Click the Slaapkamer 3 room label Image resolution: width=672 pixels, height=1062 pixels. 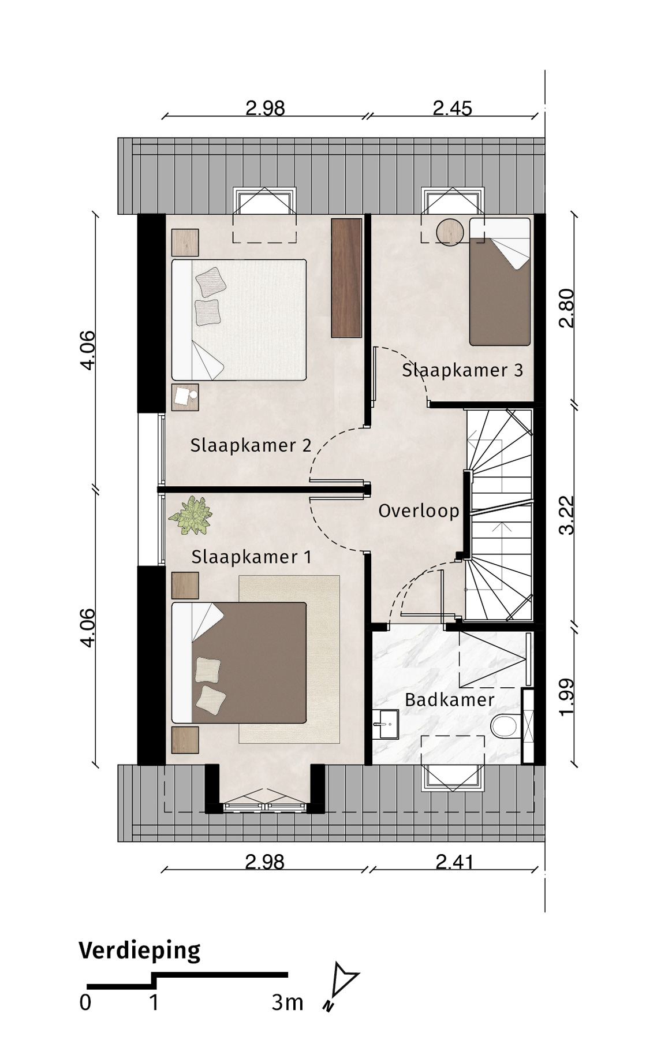(462, 370)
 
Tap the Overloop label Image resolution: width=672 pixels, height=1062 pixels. (419, 511)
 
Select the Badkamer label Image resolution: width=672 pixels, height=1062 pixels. (449, 700)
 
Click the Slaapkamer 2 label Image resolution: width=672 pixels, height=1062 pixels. (251, 445)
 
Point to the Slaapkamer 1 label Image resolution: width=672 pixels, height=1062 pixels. (251, 557)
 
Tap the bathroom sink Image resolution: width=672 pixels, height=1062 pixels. (385, 724)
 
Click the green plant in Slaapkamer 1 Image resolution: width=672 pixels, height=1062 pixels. (190, 516)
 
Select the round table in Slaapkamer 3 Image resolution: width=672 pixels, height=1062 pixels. (450, 232)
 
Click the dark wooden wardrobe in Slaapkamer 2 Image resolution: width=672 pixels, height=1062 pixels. (346, 278)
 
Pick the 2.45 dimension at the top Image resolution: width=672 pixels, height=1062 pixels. (453, 108)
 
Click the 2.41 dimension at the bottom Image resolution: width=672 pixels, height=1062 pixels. (455, 862)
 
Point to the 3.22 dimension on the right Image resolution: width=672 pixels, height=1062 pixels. (568, 515)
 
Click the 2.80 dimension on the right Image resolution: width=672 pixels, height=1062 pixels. (568, 308)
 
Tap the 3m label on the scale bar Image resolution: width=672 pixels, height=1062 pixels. (287, 1003)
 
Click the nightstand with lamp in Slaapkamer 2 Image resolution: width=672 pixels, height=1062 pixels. (185, 397)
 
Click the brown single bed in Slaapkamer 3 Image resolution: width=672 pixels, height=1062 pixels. (500, 282)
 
